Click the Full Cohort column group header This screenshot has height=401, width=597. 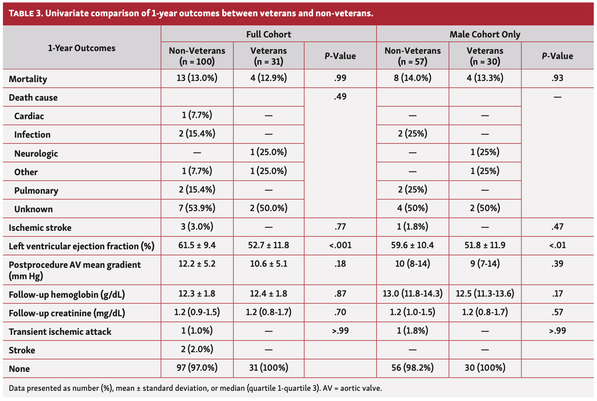click(x=269, y=34)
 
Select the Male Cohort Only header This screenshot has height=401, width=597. click(x=485, y=34)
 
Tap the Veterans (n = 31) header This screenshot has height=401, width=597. click(x=269, y=56)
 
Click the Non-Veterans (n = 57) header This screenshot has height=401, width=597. click(x=413, y=56)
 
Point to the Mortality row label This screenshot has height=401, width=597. click(x=28, y=79)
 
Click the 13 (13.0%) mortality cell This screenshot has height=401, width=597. click(x=197, y=78)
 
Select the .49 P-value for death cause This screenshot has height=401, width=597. click(x=340, y=97)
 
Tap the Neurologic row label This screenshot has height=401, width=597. click(x=36, y=154)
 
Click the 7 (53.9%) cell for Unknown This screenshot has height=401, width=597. click(x=197, y=208)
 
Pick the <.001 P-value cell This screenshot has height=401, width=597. click(x=340, y=246)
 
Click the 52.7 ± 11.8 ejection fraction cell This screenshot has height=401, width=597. click(x=269, y=246)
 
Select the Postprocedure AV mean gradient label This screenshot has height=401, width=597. click(x=75, y=270)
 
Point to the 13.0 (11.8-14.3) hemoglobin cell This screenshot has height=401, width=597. click(x=413, y=294)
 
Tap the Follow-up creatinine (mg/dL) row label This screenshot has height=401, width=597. click(x=67, y=313)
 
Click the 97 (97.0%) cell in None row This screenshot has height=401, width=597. click(x=197, y=368)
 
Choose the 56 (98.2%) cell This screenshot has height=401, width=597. click(x=413, y=368)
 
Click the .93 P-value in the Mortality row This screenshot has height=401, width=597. click(x=558, y=78)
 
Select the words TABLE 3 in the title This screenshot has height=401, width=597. click(x=25, y=14)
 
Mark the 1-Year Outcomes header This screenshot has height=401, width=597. click(x=81, y=48)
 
